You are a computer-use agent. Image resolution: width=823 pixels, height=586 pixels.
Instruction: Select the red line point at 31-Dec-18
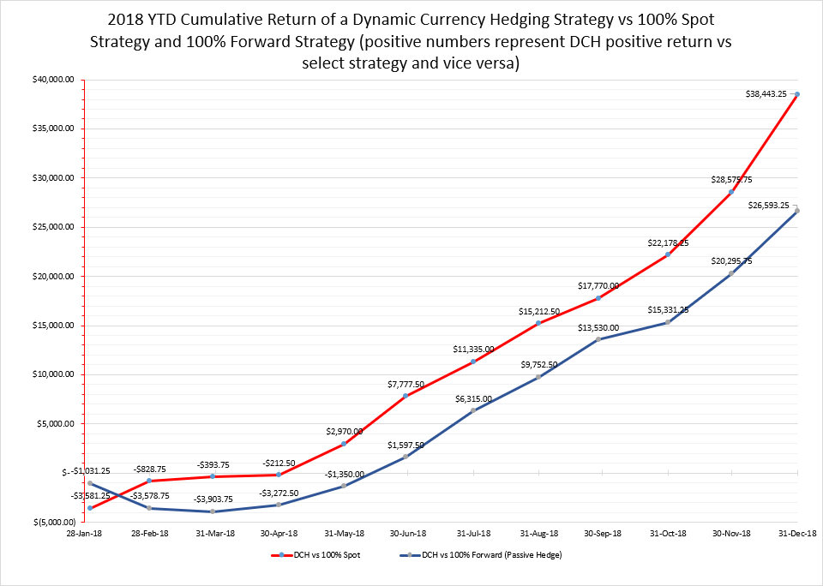pyautogui.click(x=797, y=94)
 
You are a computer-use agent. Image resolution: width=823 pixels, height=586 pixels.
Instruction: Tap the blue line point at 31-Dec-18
pyautogui.click(x=797, y=211)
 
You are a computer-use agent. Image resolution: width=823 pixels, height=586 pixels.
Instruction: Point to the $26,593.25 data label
pyautogui.click(x=769, y=206)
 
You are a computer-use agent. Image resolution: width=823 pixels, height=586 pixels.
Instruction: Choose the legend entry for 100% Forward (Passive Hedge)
pyautogui.click(x=485, y=555)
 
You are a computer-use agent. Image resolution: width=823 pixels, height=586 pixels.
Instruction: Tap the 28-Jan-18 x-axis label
pyautogui.click(x=89, y=534)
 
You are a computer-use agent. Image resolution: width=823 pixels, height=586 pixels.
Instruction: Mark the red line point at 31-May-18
pyautogui.click(x=344, y=444)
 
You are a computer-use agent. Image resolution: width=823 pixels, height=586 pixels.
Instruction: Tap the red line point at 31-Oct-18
pyautogui.click(x=668, y=254)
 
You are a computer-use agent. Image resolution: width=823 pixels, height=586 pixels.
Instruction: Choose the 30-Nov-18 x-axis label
pyautogui.click(x=732, y=534)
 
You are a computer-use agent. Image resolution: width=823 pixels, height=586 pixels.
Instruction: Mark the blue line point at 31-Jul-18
pyautogui.click(x=472, y=410)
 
